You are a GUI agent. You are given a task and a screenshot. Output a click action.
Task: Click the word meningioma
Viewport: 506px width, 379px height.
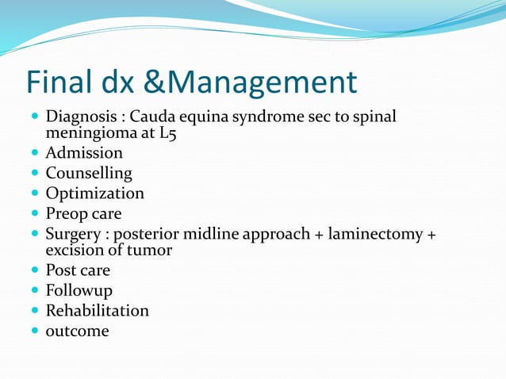pyautogui.click(x=90, y=133)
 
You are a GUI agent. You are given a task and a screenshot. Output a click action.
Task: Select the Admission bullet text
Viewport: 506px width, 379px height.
pyautogui.click(x=84, y=153)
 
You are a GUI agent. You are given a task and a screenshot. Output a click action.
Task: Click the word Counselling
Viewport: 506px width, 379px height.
pyautogui.click(x=89, y=173)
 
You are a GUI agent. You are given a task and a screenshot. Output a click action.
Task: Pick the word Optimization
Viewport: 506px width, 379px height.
pyautogui.click(x=95, y=193)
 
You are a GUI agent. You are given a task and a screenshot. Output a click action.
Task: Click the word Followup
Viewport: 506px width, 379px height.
pyautogui.click(x=79, y=290)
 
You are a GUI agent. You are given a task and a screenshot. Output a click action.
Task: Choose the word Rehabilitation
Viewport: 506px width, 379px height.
pyautogui.click(x=97, y=310)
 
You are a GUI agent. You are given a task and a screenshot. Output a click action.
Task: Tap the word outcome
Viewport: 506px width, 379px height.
pyautogui.click(x=77, y=331)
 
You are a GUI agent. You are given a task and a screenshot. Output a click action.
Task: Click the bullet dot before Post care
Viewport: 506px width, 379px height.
pyautogui.click(x=35, y=270)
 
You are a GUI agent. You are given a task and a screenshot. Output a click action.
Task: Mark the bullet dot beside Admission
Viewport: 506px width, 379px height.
pyautogui.click(x=35, y=153)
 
